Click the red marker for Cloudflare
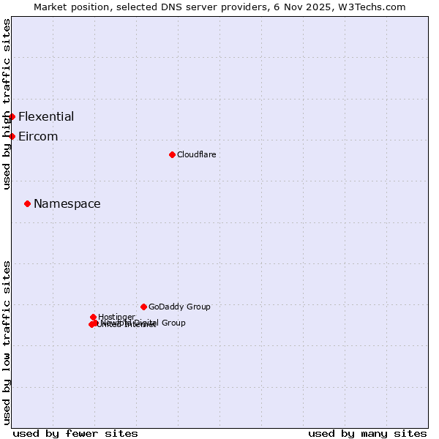point(172,154)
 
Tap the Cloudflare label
point(196,154)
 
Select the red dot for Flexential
point(12,116)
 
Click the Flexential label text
point(46,116)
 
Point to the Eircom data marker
point(12,136)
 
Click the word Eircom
point(38,136)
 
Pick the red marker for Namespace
point(27,203)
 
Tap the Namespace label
point(67,203)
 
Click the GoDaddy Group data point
point(143,307)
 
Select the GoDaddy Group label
point(179,307)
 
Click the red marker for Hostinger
point(93,317)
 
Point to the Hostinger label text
point(116,317)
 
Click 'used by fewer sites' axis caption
point(75,433)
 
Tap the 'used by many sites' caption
point(367,433)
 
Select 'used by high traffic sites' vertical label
point(7,105)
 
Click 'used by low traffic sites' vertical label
point(7,342)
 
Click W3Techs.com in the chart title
point(375,7)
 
